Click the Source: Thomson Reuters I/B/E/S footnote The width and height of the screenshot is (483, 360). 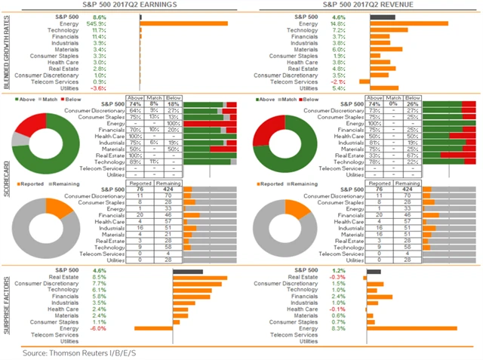pyautogui.click(x=72, y=351)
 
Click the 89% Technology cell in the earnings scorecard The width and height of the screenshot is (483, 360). pyautogui.click(x=136, y=162)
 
